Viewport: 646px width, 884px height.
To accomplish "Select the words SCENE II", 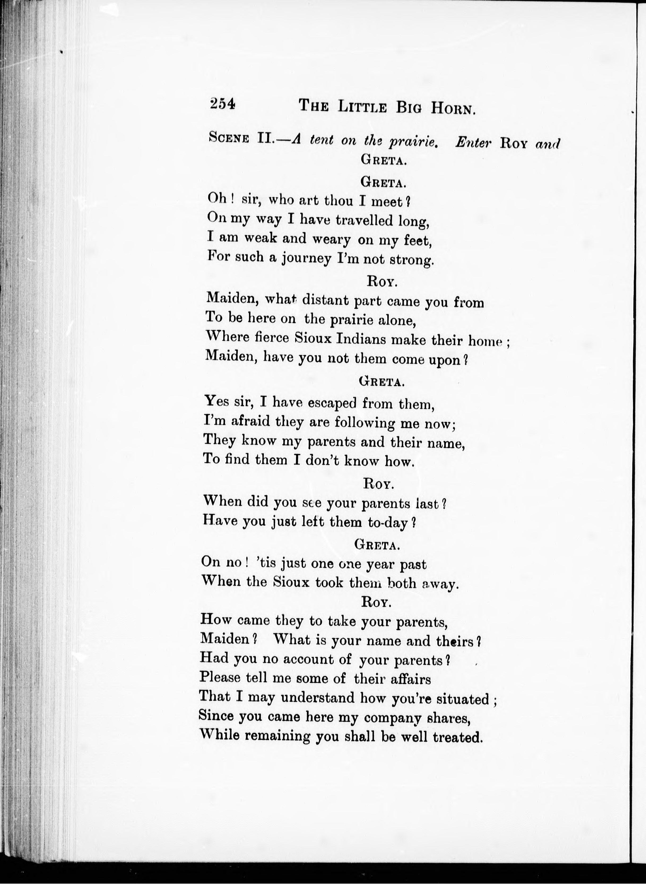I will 240,138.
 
